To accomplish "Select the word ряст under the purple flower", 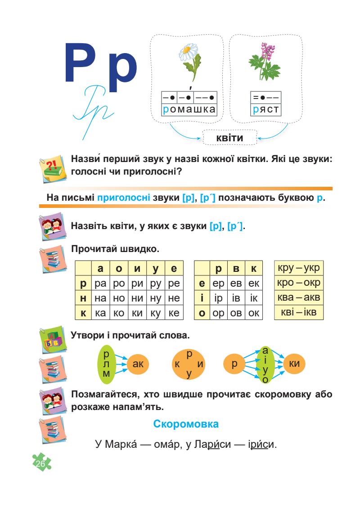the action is pyautogui.click(x=266, y=109).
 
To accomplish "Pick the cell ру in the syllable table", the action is pyautogui.click(x=156, y=285).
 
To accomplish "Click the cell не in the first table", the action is pyautogui.click(x=174, y=298).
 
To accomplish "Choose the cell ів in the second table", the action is pyautogui.click(x=235, y=298).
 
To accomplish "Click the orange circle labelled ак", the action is pyautogui.click(x=138, y=364).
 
